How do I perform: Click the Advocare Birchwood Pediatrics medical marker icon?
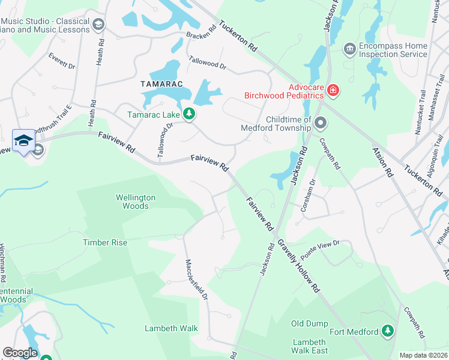click(x=333, y=91)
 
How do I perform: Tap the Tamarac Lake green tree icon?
click(x=189, y=113)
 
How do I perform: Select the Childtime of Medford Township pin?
click(x=321, y=124)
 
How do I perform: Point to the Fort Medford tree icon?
click(x=388, y=331)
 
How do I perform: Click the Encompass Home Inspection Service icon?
click(x=349, y=48)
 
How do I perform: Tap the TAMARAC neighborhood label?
click(x=161, y=84)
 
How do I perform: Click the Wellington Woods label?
click(x=136, y=202)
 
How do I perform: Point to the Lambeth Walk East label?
click(x=310, y=346)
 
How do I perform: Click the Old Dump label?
click(x=310, y=323)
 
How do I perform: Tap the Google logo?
click(x=20, y=353)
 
